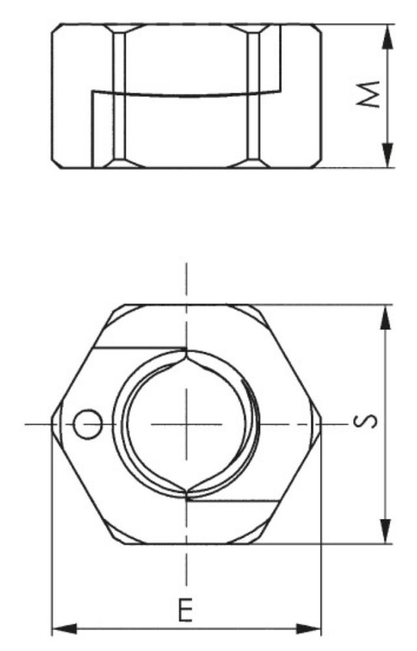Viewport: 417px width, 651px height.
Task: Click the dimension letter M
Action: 369,94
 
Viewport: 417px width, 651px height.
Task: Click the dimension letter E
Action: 185,610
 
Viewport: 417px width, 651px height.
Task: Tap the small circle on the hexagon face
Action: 88,424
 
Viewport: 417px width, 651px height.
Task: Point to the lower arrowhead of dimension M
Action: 387,155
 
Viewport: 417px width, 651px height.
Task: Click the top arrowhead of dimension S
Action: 386,318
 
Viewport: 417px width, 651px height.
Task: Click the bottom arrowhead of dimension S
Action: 386,531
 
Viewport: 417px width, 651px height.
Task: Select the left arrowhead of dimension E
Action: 65,629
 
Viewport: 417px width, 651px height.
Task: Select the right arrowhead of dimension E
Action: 308,629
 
